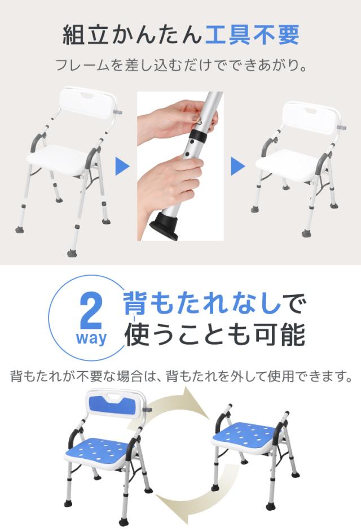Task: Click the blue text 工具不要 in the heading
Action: (x=252, y=35)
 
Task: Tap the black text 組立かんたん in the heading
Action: (x=132, y=35)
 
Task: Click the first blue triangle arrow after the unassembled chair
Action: (x=122, y=166)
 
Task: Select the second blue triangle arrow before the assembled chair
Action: (x=237, y=166)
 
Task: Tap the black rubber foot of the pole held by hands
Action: (x=165, y=226)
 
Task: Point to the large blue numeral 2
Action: (x=90, y=313)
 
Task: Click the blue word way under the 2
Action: (x=91, y=338)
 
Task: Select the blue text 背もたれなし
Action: (x=202, y=303)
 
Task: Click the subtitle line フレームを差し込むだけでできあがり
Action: (x=181, y=65)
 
